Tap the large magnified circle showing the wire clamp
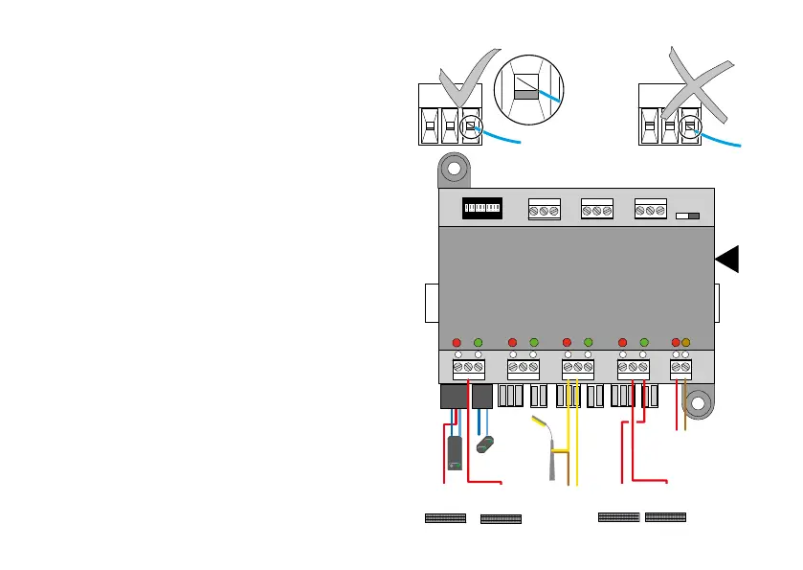528,94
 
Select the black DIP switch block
484,209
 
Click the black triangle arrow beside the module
726,259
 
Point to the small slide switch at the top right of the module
687,217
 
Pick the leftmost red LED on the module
457,342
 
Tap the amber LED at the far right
685,342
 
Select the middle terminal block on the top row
597,210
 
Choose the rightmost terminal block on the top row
650,210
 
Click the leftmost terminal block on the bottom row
468,368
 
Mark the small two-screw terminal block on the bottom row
680,368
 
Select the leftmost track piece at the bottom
445,518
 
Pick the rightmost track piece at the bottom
666,517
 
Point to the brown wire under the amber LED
685,407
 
